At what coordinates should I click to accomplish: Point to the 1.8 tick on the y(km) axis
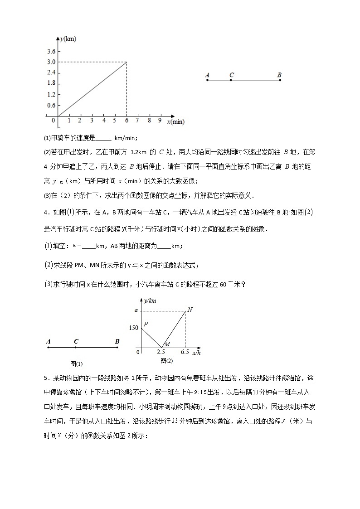[51, 83]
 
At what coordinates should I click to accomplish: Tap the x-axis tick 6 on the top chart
[126, 121]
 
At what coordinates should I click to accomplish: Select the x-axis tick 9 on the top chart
[160, 121]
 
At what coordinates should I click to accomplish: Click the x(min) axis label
[175, 121]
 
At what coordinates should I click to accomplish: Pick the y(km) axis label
[68, 39]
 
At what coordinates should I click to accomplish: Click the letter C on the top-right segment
[232, 75]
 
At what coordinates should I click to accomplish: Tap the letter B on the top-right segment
[279, 75]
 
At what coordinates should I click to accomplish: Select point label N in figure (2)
[190, 310]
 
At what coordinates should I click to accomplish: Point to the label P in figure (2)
[146, 324]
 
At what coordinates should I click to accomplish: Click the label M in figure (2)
[167, 344]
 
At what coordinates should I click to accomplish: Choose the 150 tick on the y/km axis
[133, 328]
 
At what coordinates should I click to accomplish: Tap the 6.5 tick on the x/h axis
[184, 352]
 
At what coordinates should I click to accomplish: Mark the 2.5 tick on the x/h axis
[161, 352]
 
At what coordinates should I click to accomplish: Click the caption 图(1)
[76, 364]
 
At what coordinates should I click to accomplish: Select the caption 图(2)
[166, 360]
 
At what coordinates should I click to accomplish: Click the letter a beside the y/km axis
[135, 310]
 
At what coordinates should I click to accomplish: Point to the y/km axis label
[150, 300]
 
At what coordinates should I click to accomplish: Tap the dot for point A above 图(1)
[48, 348]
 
